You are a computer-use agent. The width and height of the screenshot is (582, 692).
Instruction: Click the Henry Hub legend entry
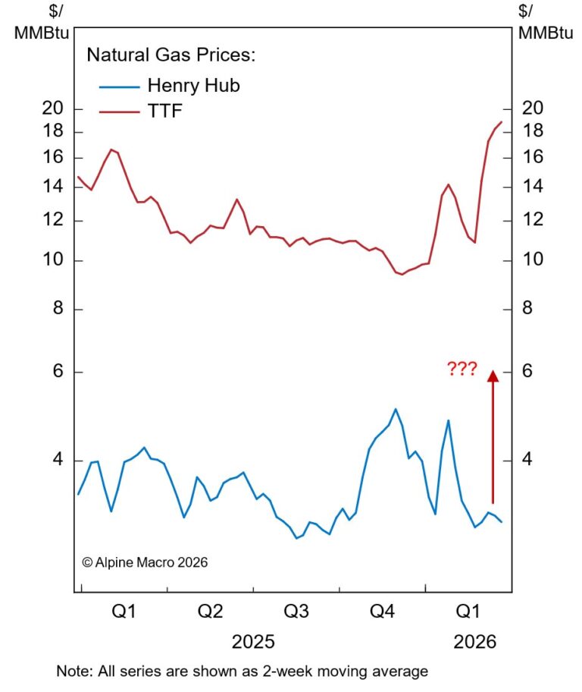point(193,85)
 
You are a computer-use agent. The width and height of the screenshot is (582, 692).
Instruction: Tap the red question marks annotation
point(462,370)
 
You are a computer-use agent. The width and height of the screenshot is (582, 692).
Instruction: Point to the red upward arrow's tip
point(492,372)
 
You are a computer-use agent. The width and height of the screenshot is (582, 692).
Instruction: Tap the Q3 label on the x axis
point(296,612)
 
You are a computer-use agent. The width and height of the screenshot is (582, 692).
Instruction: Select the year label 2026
point(474,642)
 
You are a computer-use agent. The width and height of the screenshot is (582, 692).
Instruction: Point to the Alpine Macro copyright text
point(144,562)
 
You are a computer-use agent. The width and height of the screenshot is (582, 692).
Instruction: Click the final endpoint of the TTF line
point(502,122)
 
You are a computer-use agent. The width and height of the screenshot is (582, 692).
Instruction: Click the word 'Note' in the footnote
point(70,671)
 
